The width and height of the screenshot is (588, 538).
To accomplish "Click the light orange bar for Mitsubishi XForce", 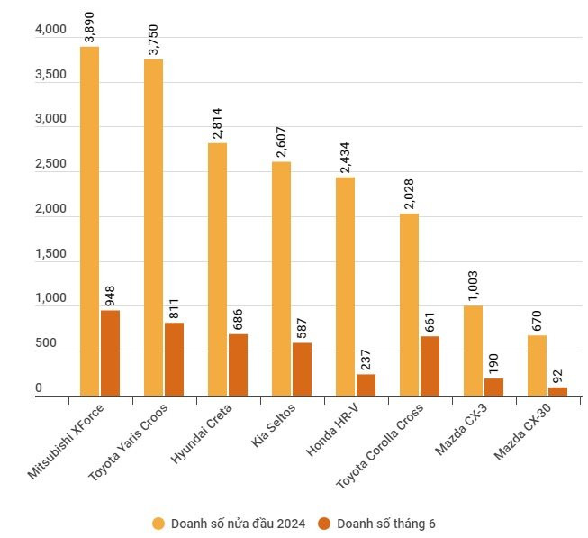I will pyautogui.click(x=89, y=221).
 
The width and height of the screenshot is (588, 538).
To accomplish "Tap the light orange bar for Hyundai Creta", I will pyautogui.click(x=217, y=269).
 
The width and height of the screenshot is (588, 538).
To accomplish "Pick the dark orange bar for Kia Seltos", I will pyautogui.click(x=302, y=369).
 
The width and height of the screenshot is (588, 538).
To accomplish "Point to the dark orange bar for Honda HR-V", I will pyautogui.click(x=366, y=385).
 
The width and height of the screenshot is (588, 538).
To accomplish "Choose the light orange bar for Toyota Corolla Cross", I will pyautogui.click(x=409, y=304).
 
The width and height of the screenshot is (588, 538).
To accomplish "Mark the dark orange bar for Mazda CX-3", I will pyautogui.click(x=493, y=387).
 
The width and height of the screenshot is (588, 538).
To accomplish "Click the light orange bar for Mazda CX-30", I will pyautogui.click(x=537, y=365).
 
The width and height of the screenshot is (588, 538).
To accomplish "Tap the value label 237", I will pyautogui.click(x=366, y=359).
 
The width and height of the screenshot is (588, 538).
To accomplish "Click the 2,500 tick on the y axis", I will pyautogui.click(x=50, y=165).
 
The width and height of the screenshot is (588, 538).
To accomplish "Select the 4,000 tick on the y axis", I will pyautogui.click(x=50, y=31).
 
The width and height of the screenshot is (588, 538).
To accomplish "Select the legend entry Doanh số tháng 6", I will pyautogui.click(x=385, y=523).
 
